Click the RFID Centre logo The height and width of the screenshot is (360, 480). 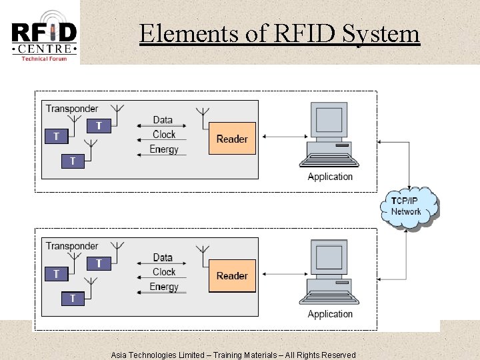click(44, 33)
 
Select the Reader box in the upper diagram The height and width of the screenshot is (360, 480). click(232, 139)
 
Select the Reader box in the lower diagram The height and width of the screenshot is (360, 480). click(232, 275)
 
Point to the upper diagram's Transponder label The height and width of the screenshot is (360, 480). click(71, 109)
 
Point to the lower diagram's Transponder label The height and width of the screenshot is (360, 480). click(71, 246)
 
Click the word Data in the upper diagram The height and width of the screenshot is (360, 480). click(163, 121)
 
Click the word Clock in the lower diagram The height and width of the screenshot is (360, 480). click(164, 272)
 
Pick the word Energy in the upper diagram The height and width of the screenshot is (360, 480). click(164, 149)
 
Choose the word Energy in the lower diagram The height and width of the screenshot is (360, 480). click(164, 287)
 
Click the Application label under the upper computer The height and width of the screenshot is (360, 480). click(330, 177)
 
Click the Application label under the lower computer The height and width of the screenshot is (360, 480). click(330, 314)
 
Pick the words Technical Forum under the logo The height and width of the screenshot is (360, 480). click(44, 59)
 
